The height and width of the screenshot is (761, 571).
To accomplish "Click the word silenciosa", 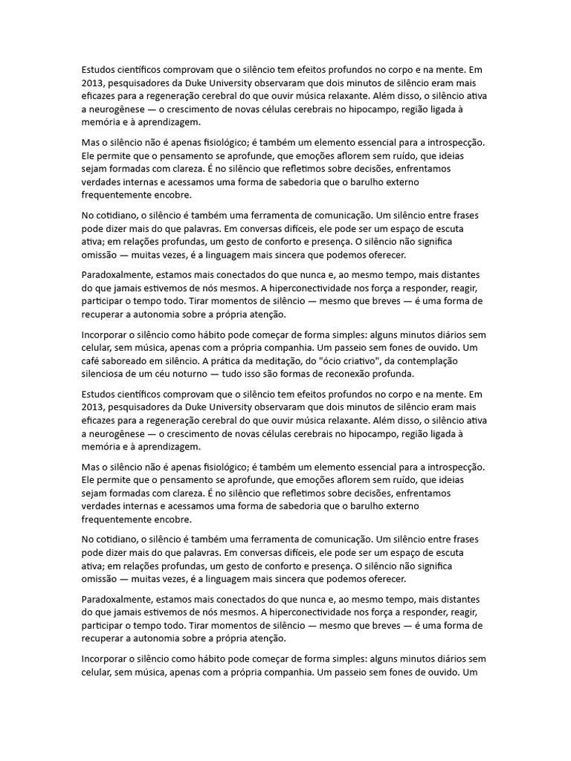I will click(107, 373).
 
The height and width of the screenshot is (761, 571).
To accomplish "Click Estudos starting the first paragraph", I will click(100, 68).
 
